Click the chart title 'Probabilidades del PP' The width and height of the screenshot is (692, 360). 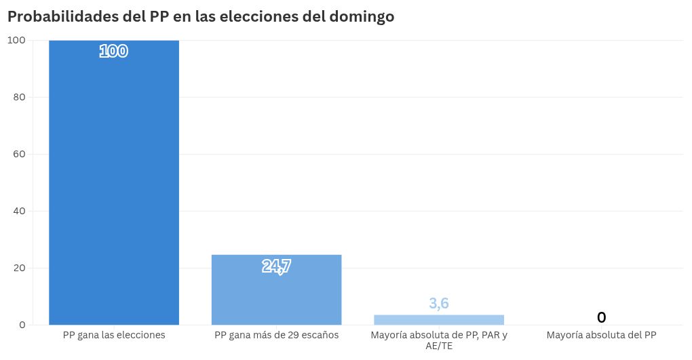pyautogui.click(x=88, y=17)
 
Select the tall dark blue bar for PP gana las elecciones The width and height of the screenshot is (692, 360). pyautogui.click(x=114, y=182)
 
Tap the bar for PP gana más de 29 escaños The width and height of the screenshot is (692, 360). pyautogui.click(x=276, y=290)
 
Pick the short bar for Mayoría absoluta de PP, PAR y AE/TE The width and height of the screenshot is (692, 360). pyautogui.click(x=439, y=320)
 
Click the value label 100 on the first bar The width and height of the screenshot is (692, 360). pyautogui.click(x=114, y=51)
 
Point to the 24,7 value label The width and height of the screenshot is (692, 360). pyautogui.click(x=276, y=266)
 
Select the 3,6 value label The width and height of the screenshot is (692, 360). pyautogui.click(x=439, y=304)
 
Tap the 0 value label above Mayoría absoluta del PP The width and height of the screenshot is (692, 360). pyautogui.click(x=601, y=317)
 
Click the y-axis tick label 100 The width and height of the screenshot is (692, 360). pyautogui.click(x=17, y=40)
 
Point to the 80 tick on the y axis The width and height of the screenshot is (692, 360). pyautogui.click(x=20, y=97)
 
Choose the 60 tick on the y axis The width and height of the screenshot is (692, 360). pyautogui.click(x=20, y=154)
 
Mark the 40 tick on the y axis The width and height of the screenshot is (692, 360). pyautogui.click(x=20, y=211)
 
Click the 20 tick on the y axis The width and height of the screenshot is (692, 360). pyautogui.click(x=20, y=268)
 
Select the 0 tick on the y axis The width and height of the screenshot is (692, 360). pyautogui.click(x=22, y=325)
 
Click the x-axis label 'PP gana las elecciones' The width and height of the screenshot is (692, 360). pyautogui.click(x=114, y=336)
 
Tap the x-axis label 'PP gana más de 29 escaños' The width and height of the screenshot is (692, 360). pyautogui.click(x=276, y=336)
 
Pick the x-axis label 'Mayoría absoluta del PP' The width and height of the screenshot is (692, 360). pyautogui.click(x=601, y=336)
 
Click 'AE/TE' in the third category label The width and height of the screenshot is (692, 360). pyautogui.click(x=439, y=346)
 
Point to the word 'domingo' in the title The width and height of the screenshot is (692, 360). pyautogui.click(x=362, y=17)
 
